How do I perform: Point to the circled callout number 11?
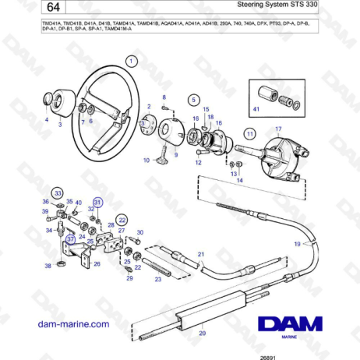pyautogui.click(x=251, y=134)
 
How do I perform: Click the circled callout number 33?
pyautogui.click(x=58, y=192)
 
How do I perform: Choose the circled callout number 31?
pyautogui.click(x=97, y=201)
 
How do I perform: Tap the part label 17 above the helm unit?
pyautogui.click(x=278, y=129)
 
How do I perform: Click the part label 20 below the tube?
pyautogui.click(x=203, y=334)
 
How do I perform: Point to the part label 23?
pyautogui.click(x=158, y=278)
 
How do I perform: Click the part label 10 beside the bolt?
pyautogui.click(x=146, y=161)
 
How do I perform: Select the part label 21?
pyautogui.click(x=200, y=254)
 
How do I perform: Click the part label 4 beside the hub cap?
pyautogui.click(x=46, y=121)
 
